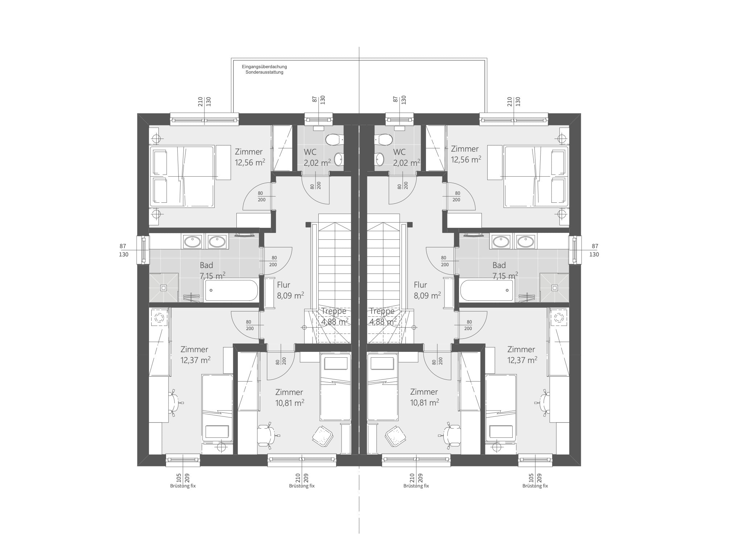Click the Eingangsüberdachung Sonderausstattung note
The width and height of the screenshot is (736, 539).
tap(264, 69)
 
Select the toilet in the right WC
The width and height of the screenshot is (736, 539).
tap(384, 139)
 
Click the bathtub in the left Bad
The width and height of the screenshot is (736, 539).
tap(231, 290)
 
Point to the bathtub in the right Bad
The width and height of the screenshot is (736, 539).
tap(487, 290)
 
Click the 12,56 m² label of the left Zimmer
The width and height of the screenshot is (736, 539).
tap(250, 162)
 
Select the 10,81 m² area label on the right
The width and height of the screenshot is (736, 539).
tap(425, 402)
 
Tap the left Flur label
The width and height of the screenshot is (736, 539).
tap(284, 285)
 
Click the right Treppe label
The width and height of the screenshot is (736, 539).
tap(382, 311)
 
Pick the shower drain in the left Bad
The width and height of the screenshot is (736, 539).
tap(164, 288)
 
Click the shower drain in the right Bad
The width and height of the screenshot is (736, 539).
tap(554, 288)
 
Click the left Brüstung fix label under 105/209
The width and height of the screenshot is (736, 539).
tap(183, 486)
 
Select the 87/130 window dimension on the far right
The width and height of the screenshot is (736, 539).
tap(594, 251)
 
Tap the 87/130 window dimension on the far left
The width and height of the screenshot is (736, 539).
tap(124, 251)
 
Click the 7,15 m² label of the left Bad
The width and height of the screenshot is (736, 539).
tap(212, 276)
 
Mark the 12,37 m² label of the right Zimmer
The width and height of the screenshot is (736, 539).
tap(522, 360)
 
